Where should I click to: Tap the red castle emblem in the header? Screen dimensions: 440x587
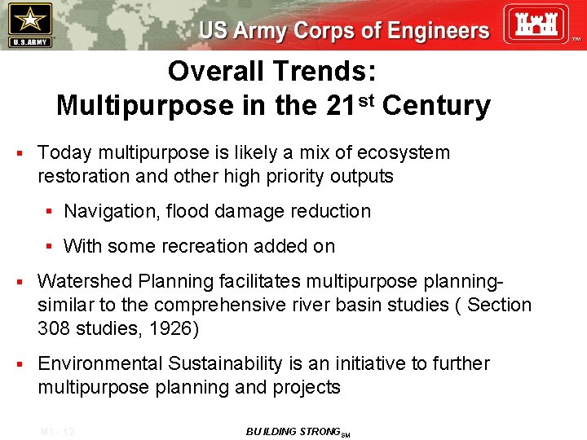[535, 24]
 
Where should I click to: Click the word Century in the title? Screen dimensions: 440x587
[436, 106]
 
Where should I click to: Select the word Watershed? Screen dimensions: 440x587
[85, 281]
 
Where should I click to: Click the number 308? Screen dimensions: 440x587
[55, 328]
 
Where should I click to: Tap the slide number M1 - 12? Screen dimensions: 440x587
[57, 432]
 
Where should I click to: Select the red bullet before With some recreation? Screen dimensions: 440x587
[50, 246]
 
